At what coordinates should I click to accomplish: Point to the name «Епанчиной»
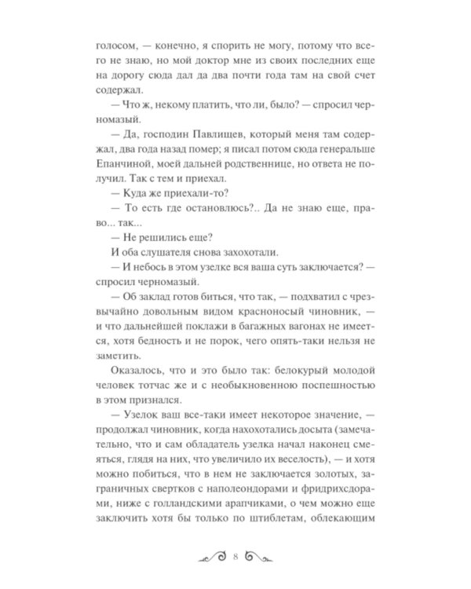[119, 177]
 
